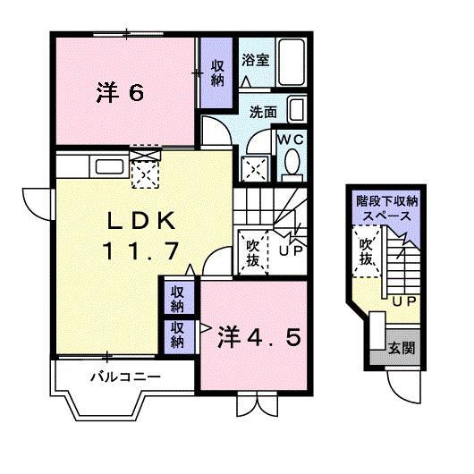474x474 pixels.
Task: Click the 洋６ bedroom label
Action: pyautogui.click(x=119, y=92)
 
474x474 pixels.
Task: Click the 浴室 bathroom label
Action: pyautogui.click(x=255, y=60)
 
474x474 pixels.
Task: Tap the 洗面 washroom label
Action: pyautogui.click(x=263, y=114)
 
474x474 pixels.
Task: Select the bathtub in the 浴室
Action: pyautogui.click(x=292, y=62)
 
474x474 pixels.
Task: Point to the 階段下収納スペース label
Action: pyautogui.click(x=386, y=210)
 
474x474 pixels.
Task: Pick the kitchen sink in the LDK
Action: pyautogui.click(x=109, y=166)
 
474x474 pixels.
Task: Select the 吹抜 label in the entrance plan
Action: pyautogui.click(x=366, y=251)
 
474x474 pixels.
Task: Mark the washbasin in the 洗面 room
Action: pyautogui.click(x=298, y=111)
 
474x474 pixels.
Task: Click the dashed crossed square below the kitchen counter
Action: pyautogui.click(x=144, y=170)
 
